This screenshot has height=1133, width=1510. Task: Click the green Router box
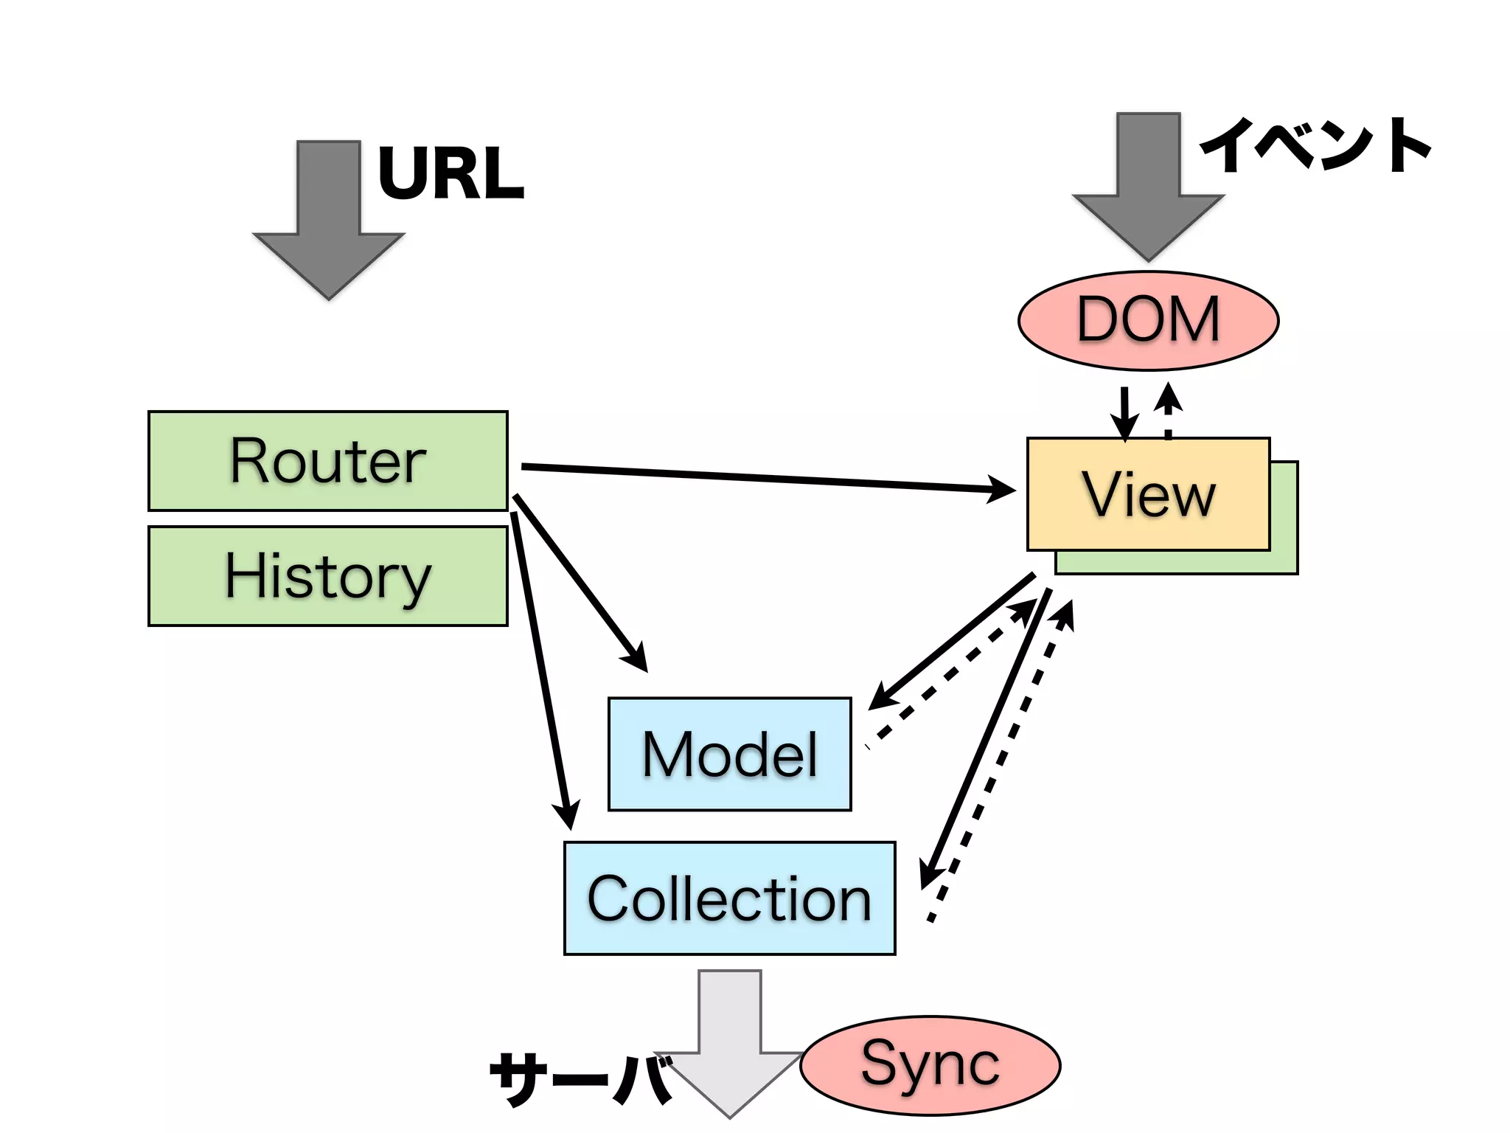point(327,461)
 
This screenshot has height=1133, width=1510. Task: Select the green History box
point(327,576)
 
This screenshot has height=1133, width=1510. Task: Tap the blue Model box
point(729,754)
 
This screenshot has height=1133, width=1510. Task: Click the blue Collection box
point(729,898)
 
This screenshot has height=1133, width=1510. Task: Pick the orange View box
point(1148,494)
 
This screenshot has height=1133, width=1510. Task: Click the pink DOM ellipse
point(1148,320)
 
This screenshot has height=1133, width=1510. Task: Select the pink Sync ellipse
point(930,1065)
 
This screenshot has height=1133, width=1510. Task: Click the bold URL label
point(450,173)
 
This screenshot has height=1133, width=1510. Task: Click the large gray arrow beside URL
point(329,221)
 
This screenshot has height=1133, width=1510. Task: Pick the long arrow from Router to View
point(767,478)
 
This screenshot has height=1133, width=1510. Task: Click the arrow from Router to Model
point(580,583)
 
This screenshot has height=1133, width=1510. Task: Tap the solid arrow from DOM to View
point(1124,413)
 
